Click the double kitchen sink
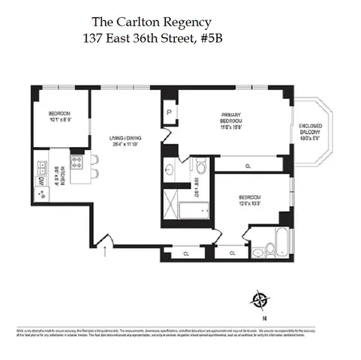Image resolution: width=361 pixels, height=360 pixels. [x=41, y=193]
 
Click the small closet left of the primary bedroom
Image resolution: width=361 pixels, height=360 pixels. [x=167, y=114]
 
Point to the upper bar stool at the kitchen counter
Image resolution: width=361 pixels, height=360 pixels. [x=96, y=159]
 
